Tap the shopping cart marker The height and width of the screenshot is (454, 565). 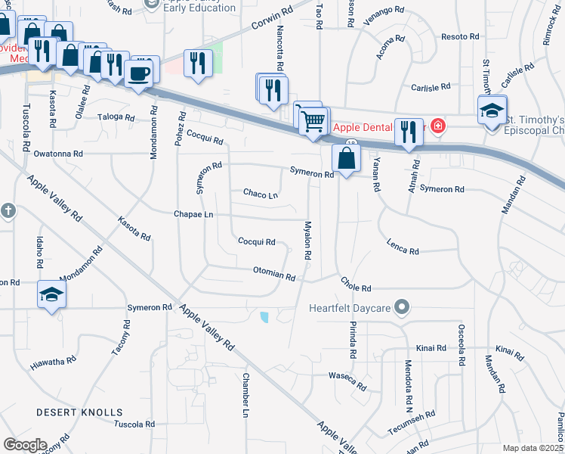pos(313,120)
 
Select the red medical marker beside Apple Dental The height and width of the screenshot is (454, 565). pos(437,125)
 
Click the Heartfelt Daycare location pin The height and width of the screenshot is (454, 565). pos(402,307)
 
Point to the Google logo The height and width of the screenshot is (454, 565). pos(25,445)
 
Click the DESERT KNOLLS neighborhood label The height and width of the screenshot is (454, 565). pos(79,412)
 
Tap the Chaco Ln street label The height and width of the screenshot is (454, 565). pos(261,194)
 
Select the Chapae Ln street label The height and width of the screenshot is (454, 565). pos(194,215)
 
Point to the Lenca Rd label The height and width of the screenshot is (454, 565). pos(403,246)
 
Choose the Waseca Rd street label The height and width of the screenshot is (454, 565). pos(348,381)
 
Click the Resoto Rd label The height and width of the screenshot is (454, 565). pos(460,36)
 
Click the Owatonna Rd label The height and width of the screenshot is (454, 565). pos(56,154)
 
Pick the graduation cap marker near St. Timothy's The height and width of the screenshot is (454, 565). pos(492,110)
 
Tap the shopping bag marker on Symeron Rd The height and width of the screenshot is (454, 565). pos(346,159)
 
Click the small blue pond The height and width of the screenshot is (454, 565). pos(264,317)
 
